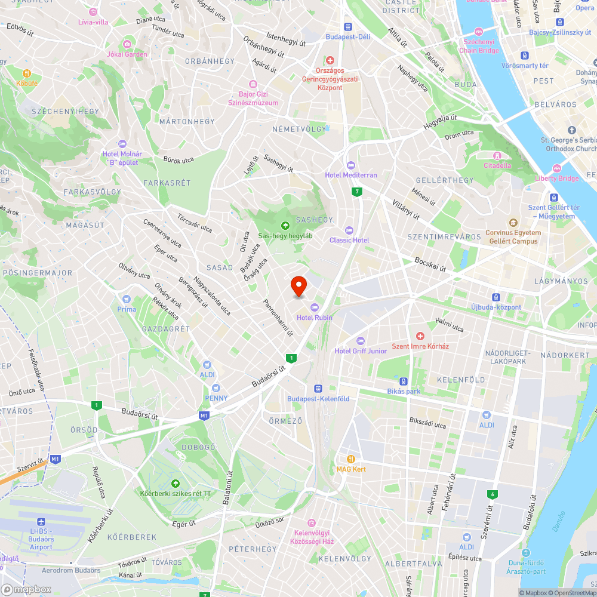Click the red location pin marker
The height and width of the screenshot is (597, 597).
pos(298,286)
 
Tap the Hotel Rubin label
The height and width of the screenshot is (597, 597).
pos(314,318)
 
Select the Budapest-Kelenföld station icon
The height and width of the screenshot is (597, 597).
pos(318,387)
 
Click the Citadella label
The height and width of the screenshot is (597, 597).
pos(497,165)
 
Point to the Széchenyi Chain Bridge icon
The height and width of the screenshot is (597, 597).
pos(478,32)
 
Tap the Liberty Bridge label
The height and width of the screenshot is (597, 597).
pos(557,179)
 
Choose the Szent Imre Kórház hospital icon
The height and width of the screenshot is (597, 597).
pos(420,336)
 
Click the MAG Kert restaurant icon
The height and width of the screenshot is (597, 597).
pos(351,459)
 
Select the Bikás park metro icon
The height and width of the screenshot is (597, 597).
pos(404,381)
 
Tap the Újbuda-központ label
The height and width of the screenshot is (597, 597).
pos(496,307)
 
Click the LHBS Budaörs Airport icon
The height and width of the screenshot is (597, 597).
pos(41,521)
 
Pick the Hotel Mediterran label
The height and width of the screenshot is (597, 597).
pos(351,175)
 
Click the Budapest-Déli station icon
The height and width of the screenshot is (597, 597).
pos(348,26)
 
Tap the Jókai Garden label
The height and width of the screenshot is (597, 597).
pos(127,54)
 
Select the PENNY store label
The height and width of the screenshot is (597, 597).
pos(216,398)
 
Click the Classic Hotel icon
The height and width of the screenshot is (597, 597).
pos(349,230)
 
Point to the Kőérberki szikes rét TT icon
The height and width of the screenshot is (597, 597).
pos(176,484)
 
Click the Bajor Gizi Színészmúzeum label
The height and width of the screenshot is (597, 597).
pos(253,99)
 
